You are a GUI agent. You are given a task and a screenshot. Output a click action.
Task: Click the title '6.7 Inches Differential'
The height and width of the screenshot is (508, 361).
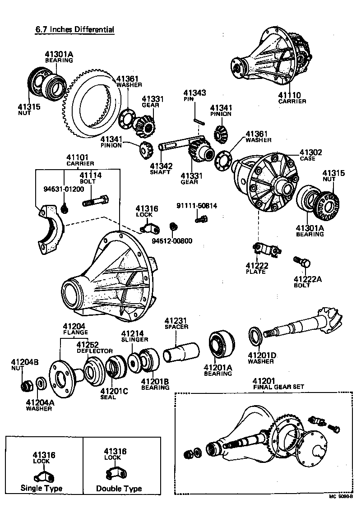pyautogui.click(x=75, y=29)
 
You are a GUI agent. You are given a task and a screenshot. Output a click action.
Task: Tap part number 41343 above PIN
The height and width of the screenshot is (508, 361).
pyautogui.click(x=194, y=92)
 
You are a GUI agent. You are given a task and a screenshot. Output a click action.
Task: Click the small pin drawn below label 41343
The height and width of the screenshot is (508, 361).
pyautogui.click(x=197, y=120)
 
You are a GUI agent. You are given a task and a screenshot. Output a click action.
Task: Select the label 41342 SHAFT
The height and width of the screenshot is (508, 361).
pyautogui.click(x=160, y=166)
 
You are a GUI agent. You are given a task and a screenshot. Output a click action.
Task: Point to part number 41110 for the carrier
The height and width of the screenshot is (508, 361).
pyautogui.click(x=289, y=95)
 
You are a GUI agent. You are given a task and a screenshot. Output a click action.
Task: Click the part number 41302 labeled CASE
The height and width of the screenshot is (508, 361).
pyautogui.click(x=310, y=152)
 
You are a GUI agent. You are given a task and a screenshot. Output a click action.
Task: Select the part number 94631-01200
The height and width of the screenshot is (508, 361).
pyautogui.click(x=64, y=189)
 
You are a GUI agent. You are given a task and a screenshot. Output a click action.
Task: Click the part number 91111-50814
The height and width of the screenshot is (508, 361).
pyautogui.click(x=197, y=206)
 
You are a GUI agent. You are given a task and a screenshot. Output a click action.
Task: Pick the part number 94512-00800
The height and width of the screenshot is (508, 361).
pyautogui.click(x=171, y=240)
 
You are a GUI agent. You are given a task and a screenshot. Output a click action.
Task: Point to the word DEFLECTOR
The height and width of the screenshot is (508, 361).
pyautogui.click(x=95, y=351)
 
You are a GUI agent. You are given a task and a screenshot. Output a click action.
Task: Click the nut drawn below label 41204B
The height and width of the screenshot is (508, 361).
pyautogui.click(x=27, y=386)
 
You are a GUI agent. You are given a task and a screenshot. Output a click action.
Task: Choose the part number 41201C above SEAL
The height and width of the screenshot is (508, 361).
pyautogui.click(x=114, y=391)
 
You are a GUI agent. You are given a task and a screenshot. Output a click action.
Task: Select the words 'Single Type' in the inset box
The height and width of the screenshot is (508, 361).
pyautogui.click(x=42, y=488)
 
